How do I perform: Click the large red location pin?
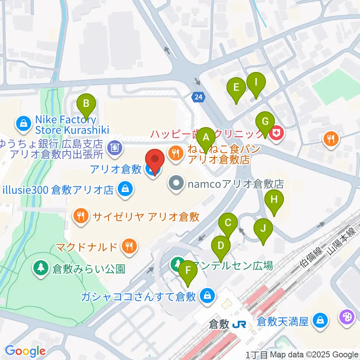coord(155,162)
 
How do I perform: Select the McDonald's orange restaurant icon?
coord(129,246)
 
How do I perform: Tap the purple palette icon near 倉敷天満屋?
coord(346,317)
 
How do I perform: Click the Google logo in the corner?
coord(25,351)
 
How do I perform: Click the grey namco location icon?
coord(175,184)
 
